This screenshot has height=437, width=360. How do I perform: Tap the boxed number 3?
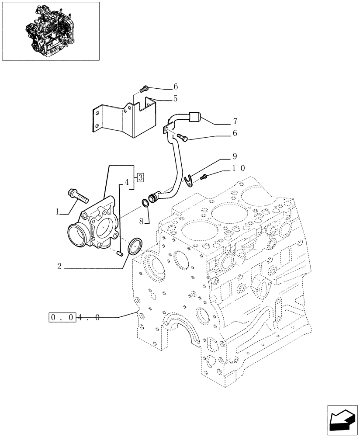[x=140, y=177]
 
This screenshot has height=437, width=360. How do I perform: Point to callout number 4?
[x=126, y=182]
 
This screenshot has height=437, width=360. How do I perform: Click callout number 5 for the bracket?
[x=175, y=99]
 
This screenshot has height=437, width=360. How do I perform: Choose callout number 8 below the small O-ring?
[x=142, y=222]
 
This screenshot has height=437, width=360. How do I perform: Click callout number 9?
[x=235, y=156]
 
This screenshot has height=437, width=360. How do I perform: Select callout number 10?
[x=238, y=168]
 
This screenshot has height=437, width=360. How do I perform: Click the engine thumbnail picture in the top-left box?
[x=50, y=31]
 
